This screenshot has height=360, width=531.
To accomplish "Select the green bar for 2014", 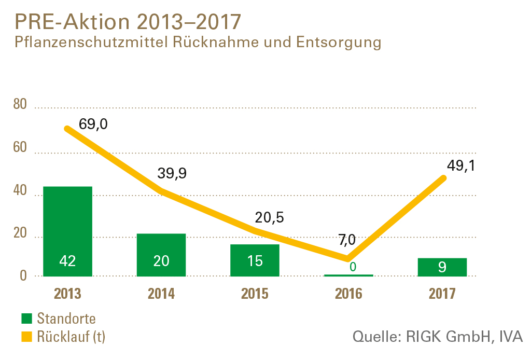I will [161, 244].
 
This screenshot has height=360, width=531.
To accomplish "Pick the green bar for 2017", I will [442, 267].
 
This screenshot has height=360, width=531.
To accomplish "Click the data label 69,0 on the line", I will [93, 124].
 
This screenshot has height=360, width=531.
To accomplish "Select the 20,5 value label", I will [269, 217].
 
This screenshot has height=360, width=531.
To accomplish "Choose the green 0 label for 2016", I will [353, 267].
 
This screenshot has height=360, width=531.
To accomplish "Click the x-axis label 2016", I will [348, 294].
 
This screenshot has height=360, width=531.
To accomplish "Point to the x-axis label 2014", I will [161, 294].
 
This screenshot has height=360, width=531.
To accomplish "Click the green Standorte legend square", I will [26, 319].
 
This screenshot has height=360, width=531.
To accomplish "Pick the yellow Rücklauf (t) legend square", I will [26, 337].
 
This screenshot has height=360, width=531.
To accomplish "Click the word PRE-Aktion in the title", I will [73, 22].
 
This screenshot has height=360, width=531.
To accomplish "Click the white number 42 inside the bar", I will [67, 261].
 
